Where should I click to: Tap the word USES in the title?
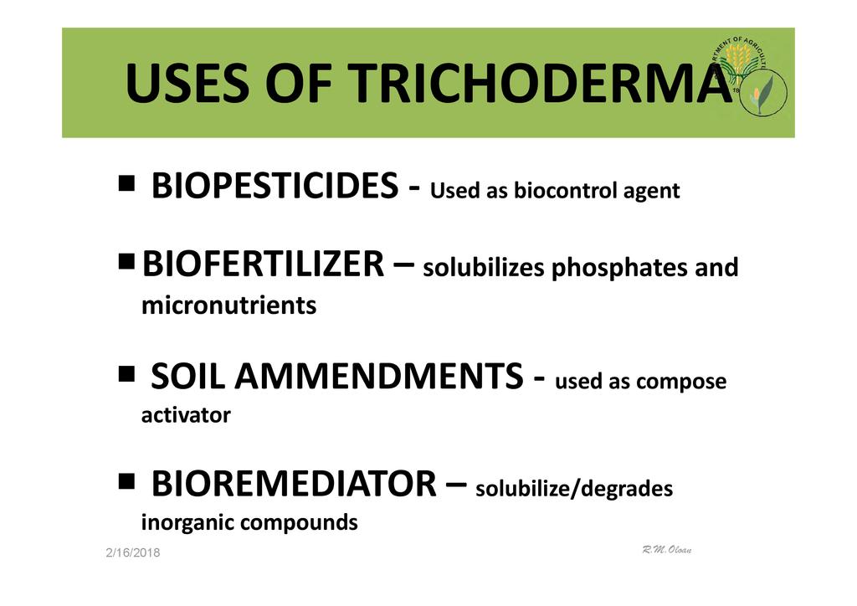pyautogui.click(x=187, y=83)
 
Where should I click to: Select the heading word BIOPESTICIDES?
pyautogui.click(x=275, y=185)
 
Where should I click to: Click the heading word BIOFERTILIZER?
pyautogui.click(x=263, y=264)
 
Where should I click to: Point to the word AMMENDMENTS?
pyautogui.click(x=379, y=376)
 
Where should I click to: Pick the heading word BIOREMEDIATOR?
pyautogui.click(x=294, y=484)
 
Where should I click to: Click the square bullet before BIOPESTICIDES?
pyautogui.click(x=126, y=182)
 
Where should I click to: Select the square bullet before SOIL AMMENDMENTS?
pyautogui.click(x=126, y=374)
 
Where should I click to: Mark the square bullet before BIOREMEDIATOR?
pyautogui.click(x=126, y=481)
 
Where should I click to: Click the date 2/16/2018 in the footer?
pyautogui.click(x=133, y=552)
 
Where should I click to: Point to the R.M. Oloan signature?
pyautogui.click(x=667, y=549)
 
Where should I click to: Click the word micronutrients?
pyautogui.click(x=229, y=305)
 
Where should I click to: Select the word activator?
pyautogui.click(x=186, y=415)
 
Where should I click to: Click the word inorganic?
pyautogui.click(x=187, y=523)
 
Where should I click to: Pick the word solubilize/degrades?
pyautogui.click(x=574, y=489)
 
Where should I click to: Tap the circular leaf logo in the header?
pyautogui.click(x=763, y=91)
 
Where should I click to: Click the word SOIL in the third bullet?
pyautogui.click(x=187, y=376)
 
